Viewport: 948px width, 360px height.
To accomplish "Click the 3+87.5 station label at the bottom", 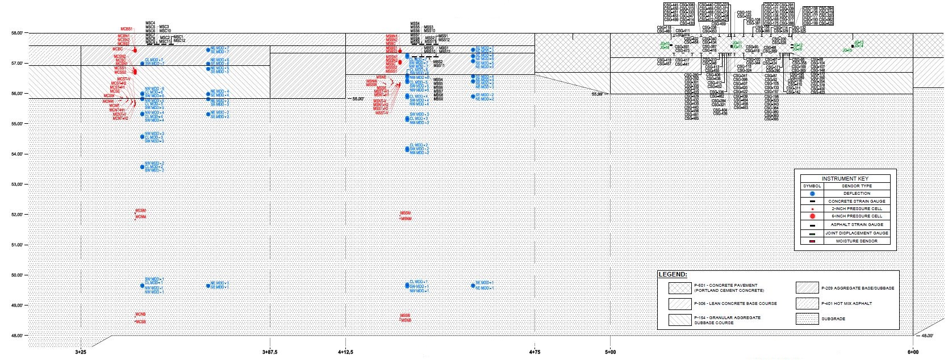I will (270, 353).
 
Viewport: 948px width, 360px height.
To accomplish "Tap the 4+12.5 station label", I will (345, 353).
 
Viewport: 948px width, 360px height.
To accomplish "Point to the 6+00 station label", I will (912, 353).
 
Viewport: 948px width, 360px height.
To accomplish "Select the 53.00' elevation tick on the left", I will (17, 184).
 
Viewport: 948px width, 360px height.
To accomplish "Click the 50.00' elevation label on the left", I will (17, 275).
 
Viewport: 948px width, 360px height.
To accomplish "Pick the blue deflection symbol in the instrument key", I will (812, 194).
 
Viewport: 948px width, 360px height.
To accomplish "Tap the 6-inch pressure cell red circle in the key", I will (812, 216).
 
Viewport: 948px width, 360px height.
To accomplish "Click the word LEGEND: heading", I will (673, 275).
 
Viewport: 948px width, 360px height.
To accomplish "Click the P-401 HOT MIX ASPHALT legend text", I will (846, 303).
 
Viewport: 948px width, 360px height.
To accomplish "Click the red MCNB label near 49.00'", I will (141, 314).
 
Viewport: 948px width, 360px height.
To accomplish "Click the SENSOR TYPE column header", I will (857, 186).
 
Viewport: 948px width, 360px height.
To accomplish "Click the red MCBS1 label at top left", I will (126, 29).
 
